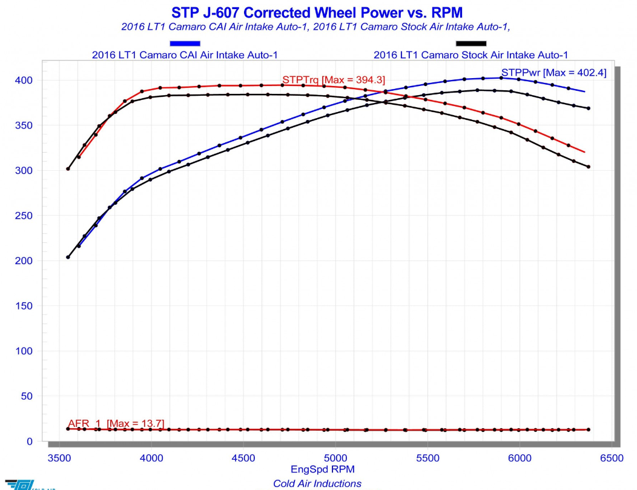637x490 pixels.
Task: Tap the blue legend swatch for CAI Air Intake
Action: [185, 43]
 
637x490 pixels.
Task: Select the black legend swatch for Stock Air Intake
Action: [471, 43]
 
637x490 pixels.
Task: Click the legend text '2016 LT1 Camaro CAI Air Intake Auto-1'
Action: [185, 55]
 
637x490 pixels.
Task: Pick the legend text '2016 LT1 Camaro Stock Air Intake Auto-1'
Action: [470, 55]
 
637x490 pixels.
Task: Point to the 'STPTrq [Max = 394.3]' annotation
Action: [334, 80]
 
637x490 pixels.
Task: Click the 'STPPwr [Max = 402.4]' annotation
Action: [553, 73]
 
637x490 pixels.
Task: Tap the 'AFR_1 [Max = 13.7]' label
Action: [116, 423]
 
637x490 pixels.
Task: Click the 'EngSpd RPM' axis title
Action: [323, 469]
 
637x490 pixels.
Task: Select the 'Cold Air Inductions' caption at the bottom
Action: [317, 483]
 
